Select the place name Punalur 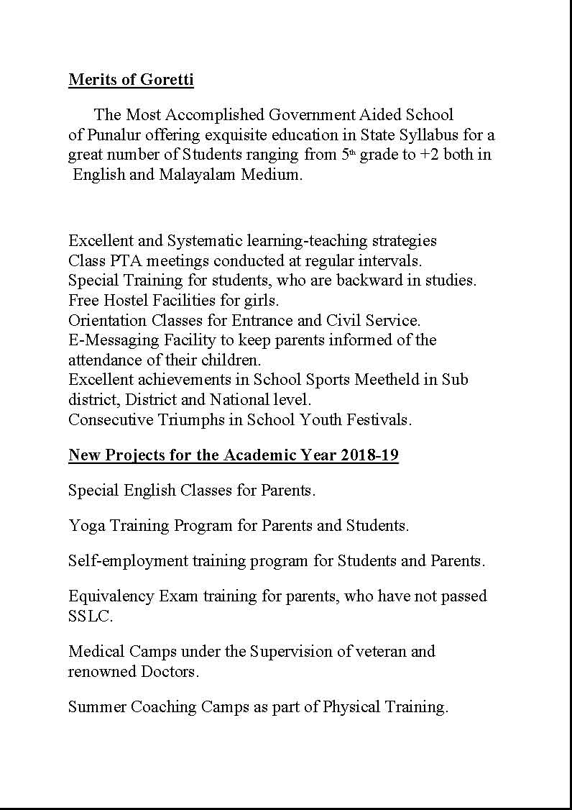(114, 135)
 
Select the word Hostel (124, 300)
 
